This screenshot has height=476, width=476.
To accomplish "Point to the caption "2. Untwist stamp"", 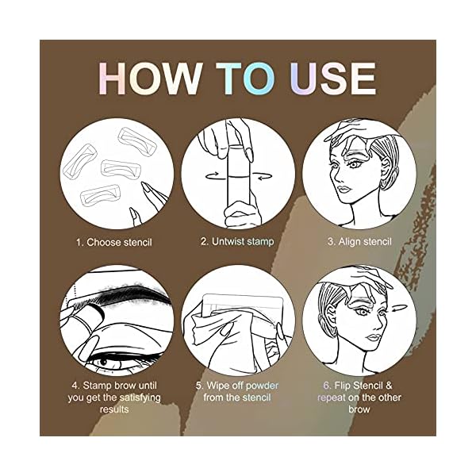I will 236,242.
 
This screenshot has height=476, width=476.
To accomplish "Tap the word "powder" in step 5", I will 261,386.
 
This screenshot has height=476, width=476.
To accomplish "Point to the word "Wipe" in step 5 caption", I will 216,386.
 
